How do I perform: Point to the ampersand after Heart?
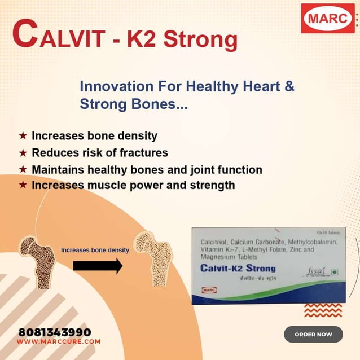[x=288, y=87]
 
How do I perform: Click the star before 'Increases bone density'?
[x=23, y=136]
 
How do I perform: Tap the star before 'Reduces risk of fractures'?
[x=23, y=152]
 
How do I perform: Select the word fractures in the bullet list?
[x=143, y=152]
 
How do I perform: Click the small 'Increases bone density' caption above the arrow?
[x=95, y=249]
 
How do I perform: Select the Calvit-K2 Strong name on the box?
[x=238, y=269]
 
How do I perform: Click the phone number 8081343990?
[x=54, y=332]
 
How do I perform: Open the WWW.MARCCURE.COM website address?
[x=59, y=341]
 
